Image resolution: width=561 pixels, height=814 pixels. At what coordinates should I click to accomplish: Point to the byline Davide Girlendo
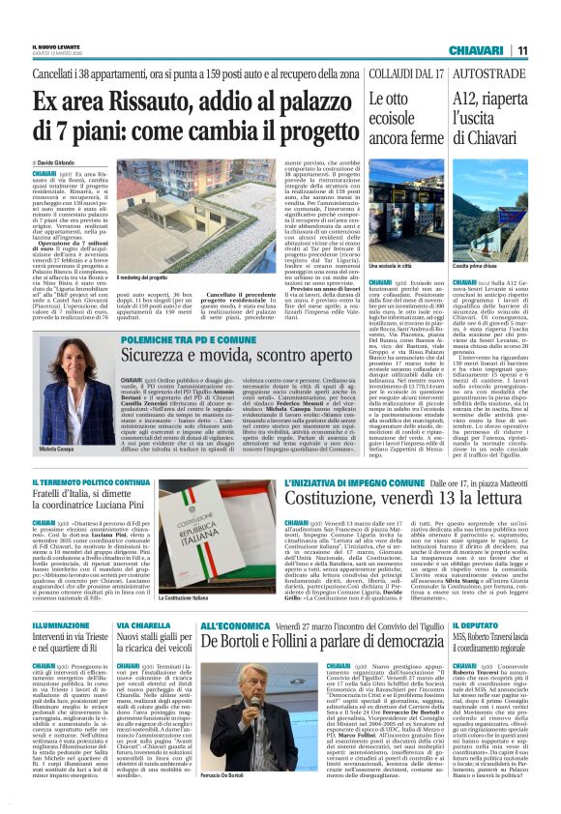click(x=58, y=160)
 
